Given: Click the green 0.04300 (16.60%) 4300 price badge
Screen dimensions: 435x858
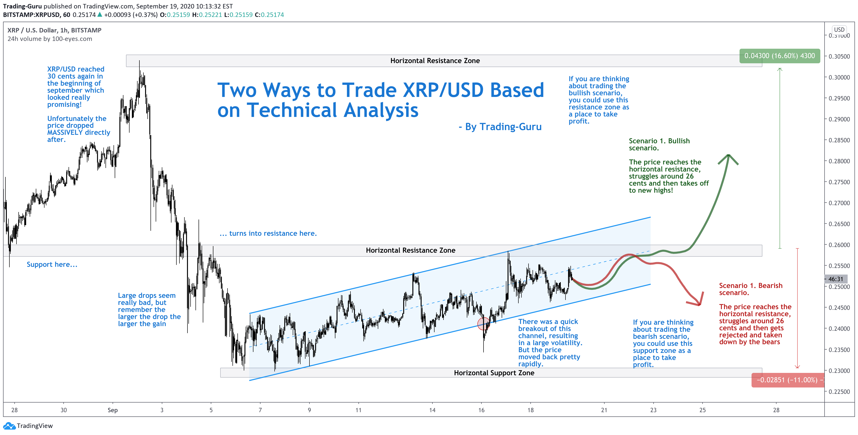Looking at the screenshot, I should (779, 56).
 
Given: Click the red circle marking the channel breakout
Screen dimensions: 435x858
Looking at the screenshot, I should (483, 323).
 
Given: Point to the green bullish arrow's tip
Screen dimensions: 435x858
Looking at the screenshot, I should (729, 156).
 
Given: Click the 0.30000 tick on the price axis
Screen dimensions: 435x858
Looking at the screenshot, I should (839, 77).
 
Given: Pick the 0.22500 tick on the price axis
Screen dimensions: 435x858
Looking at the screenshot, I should (839, 391).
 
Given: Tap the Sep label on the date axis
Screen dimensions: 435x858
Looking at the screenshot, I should (113, 410).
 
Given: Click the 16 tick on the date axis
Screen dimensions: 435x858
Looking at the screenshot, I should (481, 410).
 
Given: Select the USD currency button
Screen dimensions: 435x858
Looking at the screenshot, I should (839, 30).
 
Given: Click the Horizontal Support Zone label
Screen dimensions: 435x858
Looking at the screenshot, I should (494, 373).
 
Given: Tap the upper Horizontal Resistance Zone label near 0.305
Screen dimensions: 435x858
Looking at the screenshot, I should (435, 60).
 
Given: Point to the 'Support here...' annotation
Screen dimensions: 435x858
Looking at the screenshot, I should (52, 265).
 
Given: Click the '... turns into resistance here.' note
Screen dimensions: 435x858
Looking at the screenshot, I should (268, 233).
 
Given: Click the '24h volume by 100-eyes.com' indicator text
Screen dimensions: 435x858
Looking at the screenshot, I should (50, 39).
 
